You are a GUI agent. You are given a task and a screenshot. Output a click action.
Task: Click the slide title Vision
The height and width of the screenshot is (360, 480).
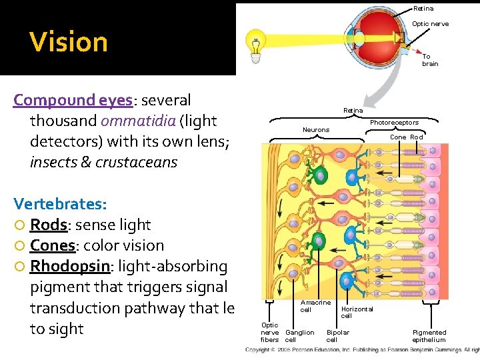[69, 42]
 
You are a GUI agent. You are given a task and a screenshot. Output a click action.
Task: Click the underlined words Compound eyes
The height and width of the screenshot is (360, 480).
[73, 100]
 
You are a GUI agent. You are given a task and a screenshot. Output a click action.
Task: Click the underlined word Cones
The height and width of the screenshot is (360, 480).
[53, 245]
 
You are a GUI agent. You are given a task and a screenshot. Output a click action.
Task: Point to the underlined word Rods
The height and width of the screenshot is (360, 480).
[48, 225]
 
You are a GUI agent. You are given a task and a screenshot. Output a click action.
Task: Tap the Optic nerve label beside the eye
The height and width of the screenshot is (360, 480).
[430, 24]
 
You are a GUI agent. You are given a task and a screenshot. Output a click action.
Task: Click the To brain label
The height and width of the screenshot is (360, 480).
[430, 60]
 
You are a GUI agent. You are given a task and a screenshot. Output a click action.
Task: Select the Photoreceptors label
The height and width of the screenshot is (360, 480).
[394, 123]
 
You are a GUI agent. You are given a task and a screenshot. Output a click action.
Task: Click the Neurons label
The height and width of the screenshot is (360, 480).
[316, 129]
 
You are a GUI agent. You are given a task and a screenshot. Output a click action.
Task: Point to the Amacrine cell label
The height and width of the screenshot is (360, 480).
[315, 306]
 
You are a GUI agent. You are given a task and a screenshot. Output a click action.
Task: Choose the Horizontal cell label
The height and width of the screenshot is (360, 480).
[357, 312]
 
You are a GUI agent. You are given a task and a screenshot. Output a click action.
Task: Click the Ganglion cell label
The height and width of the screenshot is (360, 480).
[299, 335]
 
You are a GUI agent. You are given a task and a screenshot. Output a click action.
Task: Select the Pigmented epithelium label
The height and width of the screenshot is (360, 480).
[429, 335]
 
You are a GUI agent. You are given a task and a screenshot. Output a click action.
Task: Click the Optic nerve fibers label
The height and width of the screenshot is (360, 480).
[270, 333]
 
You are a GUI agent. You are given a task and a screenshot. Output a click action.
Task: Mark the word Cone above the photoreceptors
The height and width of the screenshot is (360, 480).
[398, 137]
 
